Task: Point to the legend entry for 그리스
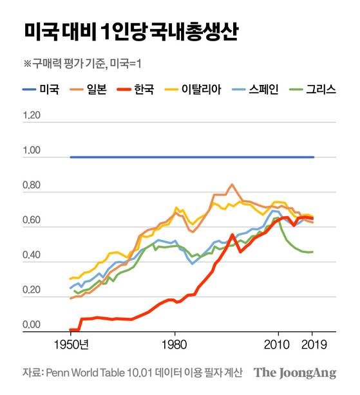click(316, 89)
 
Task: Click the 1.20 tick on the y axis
click(31, 116)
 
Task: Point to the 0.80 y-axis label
click(31, 187)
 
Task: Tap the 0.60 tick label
click(31, 221)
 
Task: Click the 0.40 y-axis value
click(31, 256)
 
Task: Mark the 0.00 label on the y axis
click(31, 326)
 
